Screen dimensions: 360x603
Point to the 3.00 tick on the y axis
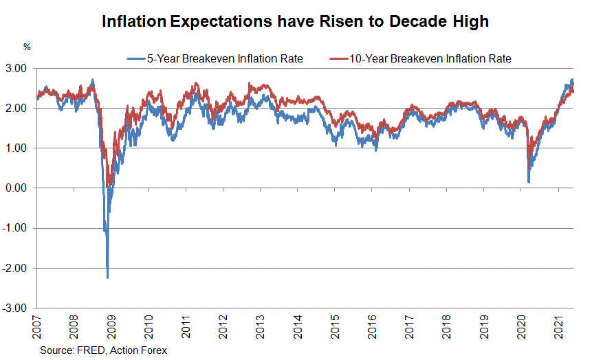point(16,69)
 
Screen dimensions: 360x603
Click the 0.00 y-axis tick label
point(16,188)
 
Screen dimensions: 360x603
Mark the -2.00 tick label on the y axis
point(14,269)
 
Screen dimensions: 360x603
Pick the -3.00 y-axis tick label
point(14,308)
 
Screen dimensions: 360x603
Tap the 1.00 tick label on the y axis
point(16,148)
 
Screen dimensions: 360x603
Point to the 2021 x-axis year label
point(558,326)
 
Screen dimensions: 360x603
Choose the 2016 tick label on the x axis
point(371,326)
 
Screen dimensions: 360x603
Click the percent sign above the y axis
point(27,47)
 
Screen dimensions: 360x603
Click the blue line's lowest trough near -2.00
point(107,277)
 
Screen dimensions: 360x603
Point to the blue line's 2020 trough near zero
point(528,181)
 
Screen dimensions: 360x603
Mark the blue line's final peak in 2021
point(572,80)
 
